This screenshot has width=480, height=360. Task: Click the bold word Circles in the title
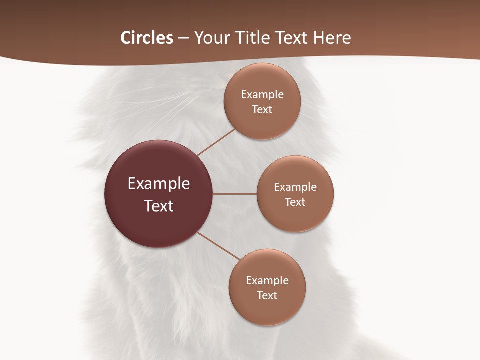(x=147, y=38)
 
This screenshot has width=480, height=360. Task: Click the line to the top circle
(x=216, y=142)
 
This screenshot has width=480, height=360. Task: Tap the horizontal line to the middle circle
(x=234, y=194)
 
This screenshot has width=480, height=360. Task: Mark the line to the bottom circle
(x=219, y=246)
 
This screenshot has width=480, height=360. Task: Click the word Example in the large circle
(x=159, y=184)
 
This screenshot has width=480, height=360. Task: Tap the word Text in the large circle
(x=159, y=206)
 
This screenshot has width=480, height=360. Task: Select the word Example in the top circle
(x=262, y=95)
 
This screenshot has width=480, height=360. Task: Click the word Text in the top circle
(x=262, y=110)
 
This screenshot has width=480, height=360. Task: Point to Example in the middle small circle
(x=295, y=187)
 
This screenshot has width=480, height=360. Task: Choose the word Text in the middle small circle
(x=295, y=202)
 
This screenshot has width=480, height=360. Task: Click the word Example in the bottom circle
(x=267, y=281)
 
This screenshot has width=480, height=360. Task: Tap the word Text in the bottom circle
(x=267, y=296)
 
